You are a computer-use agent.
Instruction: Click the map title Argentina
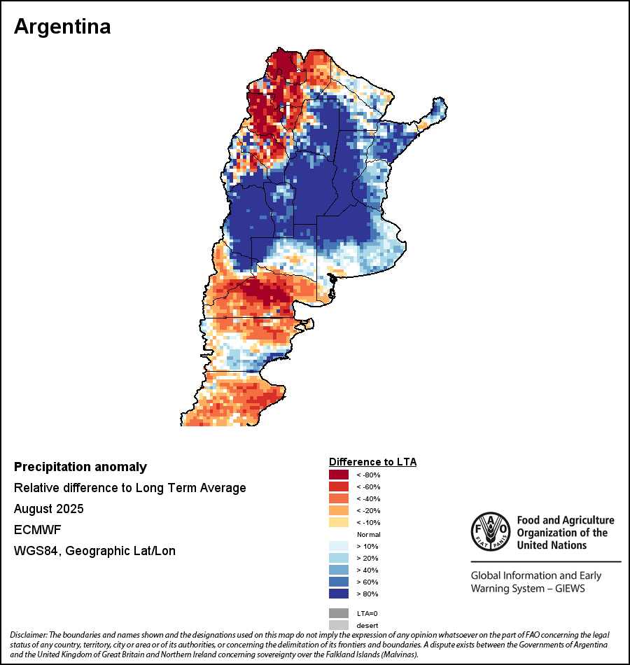62,27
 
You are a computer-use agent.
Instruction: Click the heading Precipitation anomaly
80,467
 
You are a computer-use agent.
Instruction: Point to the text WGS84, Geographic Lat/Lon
94,551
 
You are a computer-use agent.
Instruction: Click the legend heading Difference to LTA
372,462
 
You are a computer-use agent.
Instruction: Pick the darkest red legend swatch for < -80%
339,475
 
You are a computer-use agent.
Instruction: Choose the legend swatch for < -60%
339,486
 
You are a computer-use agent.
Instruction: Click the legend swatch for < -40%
339,498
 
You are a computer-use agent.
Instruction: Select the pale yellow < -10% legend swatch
339,522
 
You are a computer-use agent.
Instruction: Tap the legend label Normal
368,534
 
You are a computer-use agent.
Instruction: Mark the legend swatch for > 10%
339,546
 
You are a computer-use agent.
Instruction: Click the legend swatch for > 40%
339,570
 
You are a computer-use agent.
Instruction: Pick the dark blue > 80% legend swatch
339,594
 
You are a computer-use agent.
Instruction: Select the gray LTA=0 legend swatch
339,612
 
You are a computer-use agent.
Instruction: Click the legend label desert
367,624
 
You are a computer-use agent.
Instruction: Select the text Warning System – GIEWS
528,589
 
